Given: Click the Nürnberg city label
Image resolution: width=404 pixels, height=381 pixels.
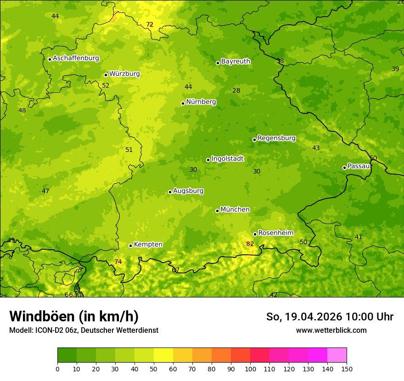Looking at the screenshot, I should click(x=201, y=102).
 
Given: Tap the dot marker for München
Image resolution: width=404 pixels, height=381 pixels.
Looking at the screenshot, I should click(x=217, y=211).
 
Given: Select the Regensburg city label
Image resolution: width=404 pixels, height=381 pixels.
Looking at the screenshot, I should click(x=276, y=138).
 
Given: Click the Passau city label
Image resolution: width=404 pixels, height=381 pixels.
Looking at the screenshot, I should click(x=359, y=166).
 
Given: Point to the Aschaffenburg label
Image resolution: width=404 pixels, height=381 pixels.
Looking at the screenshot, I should click(x=76, y=58).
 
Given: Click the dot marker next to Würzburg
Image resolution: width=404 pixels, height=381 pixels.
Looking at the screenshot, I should click(x=106, y=75).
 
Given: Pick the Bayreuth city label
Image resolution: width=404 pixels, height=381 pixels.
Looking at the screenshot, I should click(x=236, y=62).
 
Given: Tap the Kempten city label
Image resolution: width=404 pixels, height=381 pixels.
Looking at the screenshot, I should click(x=148, y=245).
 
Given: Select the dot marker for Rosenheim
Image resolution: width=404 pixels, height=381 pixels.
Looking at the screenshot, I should click(x=255, y=234).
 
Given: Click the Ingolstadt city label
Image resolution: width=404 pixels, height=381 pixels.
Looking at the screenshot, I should click(x=227, y=159).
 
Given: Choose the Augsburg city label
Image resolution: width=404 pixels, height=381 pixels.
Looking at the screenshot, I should click(x=188, y=191).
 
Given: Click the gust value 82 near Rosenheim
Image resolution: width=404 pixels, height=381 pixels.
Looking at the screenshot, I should click(x=250, y=244).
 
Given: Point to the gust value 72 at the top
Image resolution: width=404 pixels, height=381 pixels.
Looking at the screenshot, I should click(x=150, y=24).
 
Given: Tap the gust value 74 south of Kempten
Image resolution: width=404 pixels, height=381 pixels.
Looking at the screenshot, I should click(x=118, y=262).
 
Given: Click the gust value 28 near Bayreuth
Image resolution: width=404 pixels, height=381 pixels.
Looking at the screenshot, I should click(x=236, y=90).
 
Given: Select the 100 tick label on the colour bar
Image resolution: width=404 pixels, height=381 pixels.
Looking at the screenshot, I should click(x=250, y=369).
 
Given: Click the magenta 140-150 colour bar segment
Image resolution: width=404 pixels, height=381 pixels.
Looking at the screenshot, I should click(x=337, y=355).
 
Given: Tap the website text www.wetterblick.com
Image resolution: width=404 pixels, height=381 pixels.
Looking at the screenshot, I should click(x=331, y=330).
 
